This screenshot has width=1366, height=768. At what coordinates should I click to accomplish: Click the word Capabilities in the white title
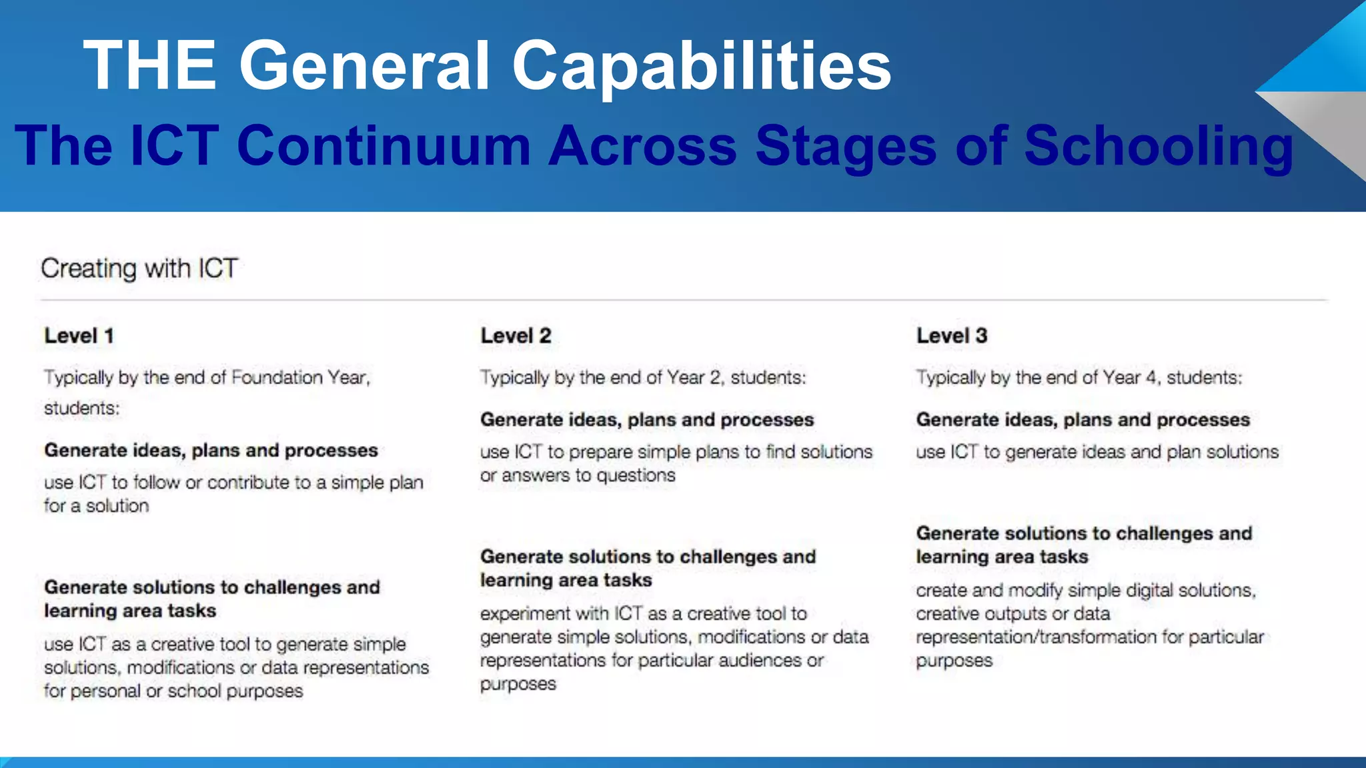[701, 65]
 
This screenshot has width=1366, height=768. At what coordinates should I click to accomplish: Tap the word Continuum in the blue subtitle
[384, 145]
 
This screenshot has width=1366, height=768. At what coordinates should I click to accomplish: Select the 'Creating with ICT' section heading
[139, 269]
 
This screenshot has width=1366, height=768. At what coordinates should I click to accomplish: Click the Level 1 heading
[79, 335]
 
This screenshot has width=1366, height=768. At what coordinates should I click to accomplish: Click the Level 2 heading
[516, 335]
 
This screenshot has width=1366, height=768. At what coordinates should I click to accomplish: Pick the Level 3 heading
[951, 335]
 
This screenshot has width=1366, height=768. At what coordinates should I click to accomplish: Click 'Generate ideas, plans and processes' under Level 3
[1083, 419]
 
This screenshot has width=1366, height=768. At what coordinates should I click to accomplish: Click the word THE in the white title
[150, 65]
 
